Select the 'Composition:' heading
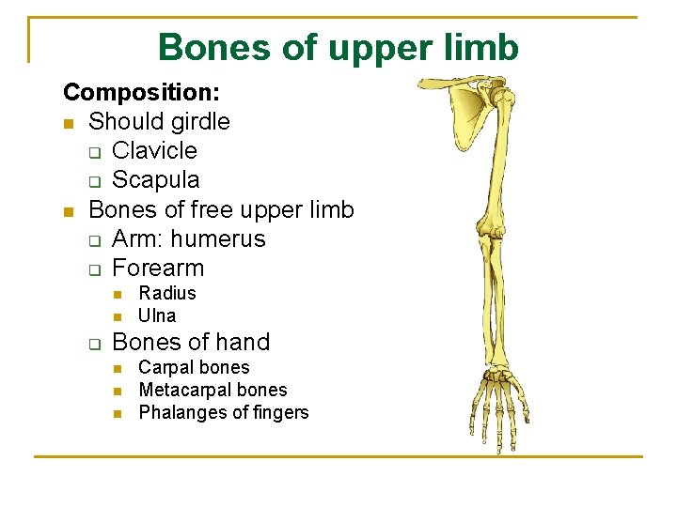(141, 92)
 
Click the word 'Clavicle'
(154, 150)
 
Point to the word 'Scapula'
(155, 179)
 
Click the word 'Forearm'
(157, 268)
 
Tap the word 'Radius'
(167, 293)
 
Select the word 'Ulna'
(157, 315)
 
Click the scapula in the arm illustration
(466, 107)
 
